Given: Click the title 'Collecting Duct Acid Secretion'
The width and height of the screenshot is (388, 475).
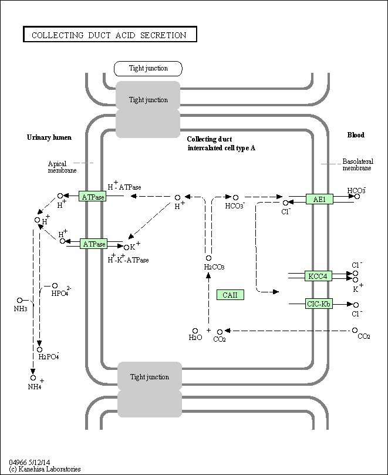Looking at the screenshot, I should pos(109,35).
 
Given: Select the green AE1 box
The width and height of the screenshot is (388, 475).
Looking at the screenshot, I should pos(319,199).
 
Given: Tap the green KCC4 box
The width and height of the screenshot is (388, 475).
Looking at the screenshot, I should pos(319,275).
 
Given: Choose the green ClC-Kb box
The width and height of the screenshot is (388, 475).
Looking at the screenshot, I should pos(319,304).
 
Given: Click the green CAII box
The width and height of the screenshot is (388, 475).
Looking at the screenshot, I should pos(230,295).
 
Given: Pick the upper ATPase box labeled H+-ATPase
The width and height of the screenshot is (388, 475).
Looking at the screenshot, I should pos(93,197).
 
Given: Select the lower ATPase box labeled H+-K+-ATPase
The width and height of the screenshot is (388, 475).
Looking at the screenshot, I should pos(94,244).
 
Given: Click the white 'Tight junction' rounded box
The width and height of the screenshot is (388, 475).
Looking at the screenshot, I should pos(148,68).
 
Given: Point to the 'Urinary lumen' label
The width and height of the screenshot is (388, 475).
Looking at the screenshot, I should pos(49,137).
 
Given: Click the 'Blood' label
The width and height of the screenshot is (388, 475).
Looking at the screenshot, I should pos(355,135).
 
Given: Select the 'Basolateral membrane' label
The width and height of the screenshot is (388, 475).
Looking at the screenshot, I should pos(356,164).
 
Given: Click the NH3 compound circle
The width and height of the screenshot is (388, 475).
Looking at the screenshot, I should pos(19,300).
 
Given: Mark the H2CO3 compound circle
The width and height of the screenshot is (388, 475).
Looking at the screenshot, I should pos(208,258).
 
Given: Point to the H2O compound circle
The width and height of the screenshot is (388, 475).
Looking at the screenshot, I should pos(195,331).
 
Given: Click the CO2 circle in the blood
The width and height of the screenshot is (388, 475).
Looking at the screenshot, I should pos(356,331).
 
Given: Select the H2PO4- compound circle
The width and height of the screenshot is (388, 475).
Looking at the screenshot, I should pos(39,349).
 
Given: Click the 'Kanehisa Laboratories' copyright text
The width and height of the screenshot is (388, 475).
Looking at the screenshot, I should pos(45,469).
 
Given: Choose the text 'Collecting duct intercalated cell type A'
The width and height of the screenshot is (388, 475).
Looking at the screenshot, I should pos(221,143).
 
